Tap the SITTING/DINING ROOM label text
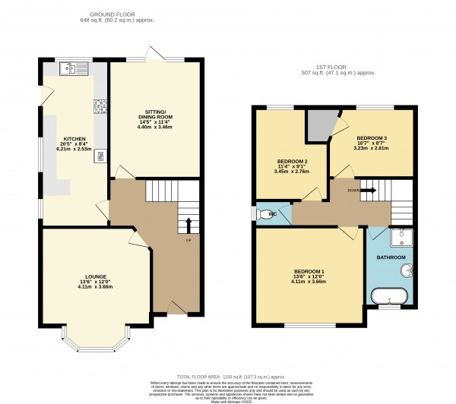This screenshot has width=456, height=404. click(155, 111)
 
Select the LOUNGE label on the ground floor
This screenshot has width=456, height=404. click(95, 276)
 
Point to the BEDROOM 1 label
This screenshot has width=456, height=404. click(309, 271)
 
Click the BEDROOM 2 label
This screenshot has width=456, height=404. click(292, 162)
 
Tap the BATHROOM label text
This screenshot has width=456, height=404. click(391, 258)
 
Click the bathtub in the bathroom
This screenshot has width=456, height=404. click(390, 295)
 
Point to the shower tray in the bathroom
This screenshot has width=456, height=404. click(400, 239)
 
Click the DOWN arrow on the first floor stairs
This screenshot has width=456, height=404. click(368, 190)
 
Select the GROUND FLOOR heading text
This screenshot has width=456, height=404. click(122, 14)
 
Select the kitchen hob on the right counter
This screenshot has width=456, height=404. click(99, 105)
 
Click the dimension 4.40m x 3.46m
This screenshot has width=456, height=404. click(155, 128)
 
